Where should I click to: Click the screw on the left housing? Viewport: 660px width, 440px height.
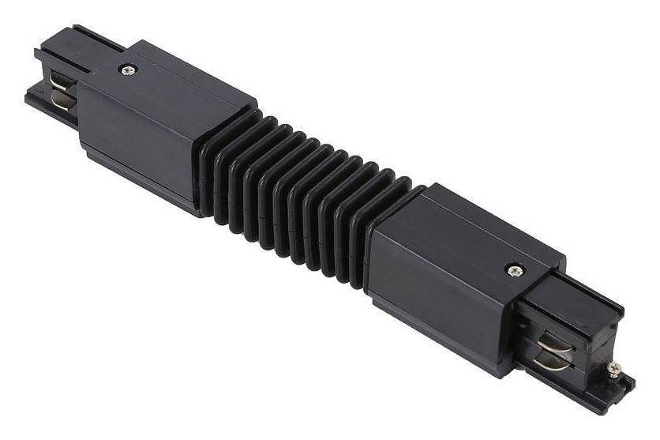click(x=126, y=70)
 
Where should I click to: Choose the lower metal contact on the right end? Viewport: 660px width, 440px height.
click(x=549, y=362)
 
